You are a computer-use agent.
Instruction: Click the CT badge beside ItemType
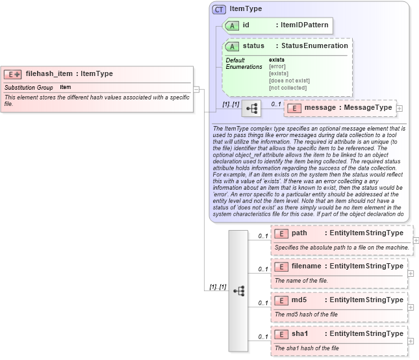pyautogui.click(x=220, y=9)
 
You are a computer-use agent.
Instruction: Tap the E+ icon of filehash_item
pyautogui.click(x=13, y=74)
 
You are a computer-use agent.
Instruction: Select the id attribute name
pyautogui.click(x=246, y=25)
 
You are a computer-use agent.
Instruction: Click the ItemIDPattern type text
pyautogui.click(x=303, y=25)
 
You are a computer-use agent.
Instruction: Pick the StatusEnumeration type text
pyautogui.click(x=314, y=45)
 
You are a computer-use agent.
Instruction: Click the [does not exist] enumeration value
pyautogui.click(x=289, y=80)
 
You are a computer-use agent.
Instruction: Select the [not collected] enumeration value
pyautogui.click(x=288, y=87)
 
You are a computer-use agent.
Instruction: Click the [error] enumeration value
pyautogui.click(x=277, y=66)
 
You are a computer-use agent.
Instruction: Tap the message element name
pyautogui.click(x=320, y=107)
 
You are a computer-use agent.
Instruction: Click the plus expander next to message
pyautogui.click(x=400, y=108)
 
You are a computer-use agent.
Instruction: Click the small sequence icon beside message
pyautogui.click(x=251, y=108)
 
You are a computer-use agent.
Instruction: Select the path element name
pyautogui.click(x=299, y=233)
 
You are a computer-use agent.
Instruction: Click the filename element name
pyautogui.click(x=307, y=266)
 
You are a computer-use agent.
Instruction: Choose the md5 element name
pyautogui.click(x=299, y=300)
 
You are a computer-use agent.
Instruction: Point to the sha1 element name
pyautogui.click(x=299, y=333)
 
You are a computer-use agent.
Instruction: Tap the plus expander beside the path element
pyautogui.click(x=416, y=240)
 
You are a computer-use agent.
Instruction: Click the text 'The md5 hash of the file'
pyautogui.click(x=306, y=315)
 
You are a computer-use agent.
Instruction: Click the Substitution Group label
pyautogui.click(x=29, y=87)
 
